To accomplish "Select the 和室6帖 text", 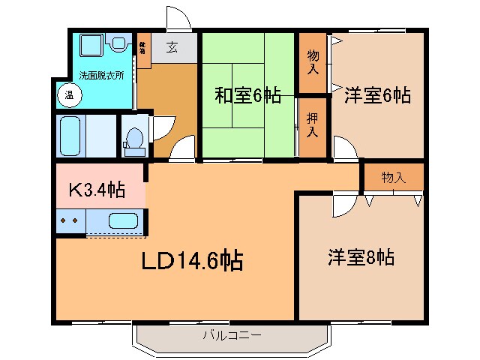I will pos(248,95).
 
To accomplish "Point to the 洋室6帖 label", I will pos(377,95).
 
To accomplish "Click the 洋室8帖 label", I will pos(361,257).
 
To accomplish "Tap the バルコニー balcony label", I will pos(232,335).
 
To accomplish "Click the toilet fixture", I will pos(135,140).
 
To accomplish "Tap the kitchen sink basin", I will pos(122,221).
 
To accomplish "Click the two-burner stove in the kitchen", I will pos(70,221).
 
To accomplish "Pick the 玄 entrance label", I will pos(172,47).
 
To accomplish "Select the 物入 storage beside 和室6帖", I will pos(313,62).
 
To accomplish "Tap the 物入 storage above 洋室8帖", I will pos(393,178).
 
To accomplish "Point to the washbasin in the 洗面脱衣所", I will pos(116,44).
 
